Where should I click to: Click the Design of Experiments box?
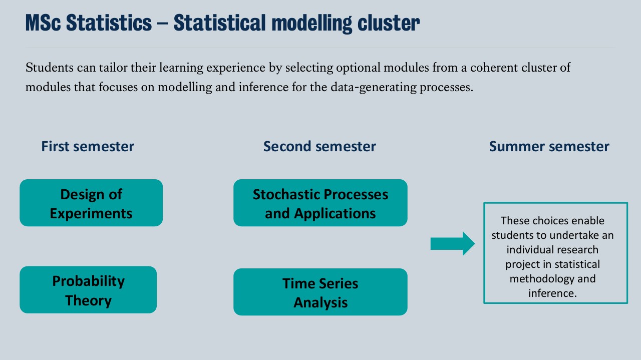click(x=91, y=203)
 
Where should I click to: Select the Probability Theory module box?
click(x=88, y=290)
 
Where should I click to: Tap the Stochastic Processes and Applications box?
click(x=320, y=203)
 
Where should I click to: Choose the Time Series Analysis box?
click(x=320, y=292)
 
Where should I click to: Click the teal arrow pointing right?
click(x=452, y=244)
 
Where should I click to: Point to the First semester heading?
click(x=88, y=146)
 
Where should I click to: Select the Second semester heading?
click(x=319, y=146)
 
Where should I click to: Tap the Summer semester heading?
click(x=549, y=146)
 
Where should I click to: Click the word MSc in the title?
click(x=43, y=23)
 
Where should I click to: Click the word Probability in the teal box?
click(x=88, y=281)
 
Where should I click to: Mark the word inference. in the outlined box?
click(x=552, y=293)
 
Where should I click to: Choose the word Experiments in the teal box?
click(x=91, y=213)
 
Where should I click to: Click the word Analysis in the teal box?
click(x=320, y=302)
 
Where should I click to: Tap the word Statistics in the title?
click(x=109, y=23)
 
